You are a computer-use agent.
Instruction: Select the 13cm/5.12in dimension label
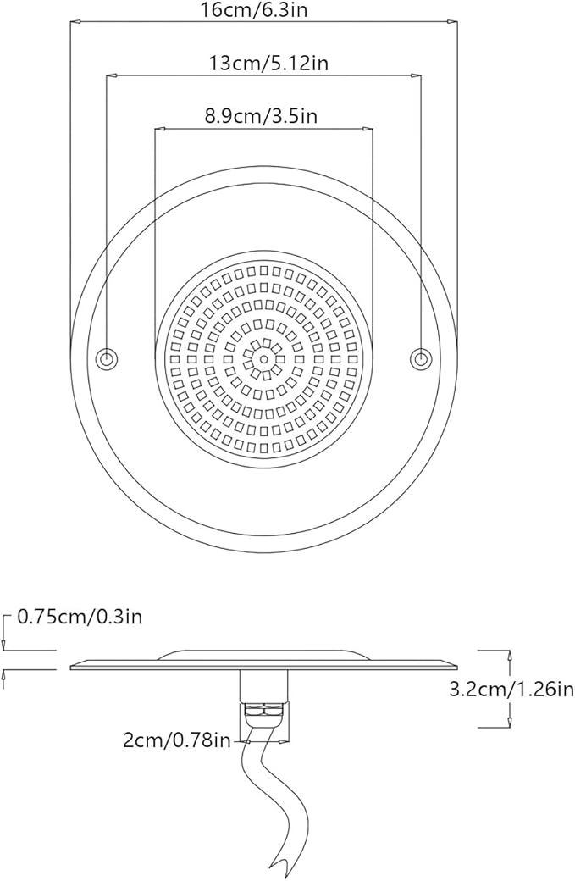pos(268,63)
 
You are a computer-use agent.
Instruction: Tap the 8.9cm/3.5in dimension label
pos(261,116)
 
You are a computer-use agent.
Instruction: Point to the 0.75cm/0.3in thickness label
pos(80,618)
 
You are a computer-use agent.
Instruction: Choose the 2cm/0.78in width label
pos(177,741)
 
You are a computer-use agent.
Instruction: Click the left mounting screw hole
pos(106,357)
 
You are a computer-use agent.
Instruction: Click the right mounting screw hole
pos(420,357)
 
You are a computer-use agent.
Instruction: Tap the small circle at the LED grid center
pos(263,357)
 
